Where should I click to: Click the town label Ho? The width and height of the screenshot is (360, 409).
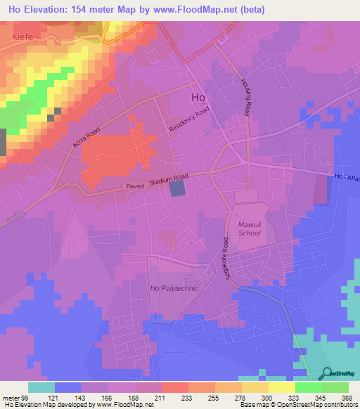pyautogui.click(x=198, y=99)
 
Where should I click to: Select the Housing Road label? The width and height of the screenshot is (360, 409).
pyautogui.click(x=246, y=97)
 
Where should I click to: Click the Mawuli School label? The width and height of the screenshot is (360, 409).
pyautogui.click(x=249, y=228)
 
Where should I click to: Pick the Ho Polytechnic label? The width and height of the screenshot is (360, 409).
pyautogui.click(x=174, y=289)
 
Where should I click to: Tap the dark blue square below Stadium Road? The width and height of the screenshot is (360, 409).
pyautogui.click(x=179, y=188)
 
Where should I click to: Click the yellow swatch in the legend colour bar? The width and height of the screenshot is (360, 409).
pyautogui.click(x=281, y=387)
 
